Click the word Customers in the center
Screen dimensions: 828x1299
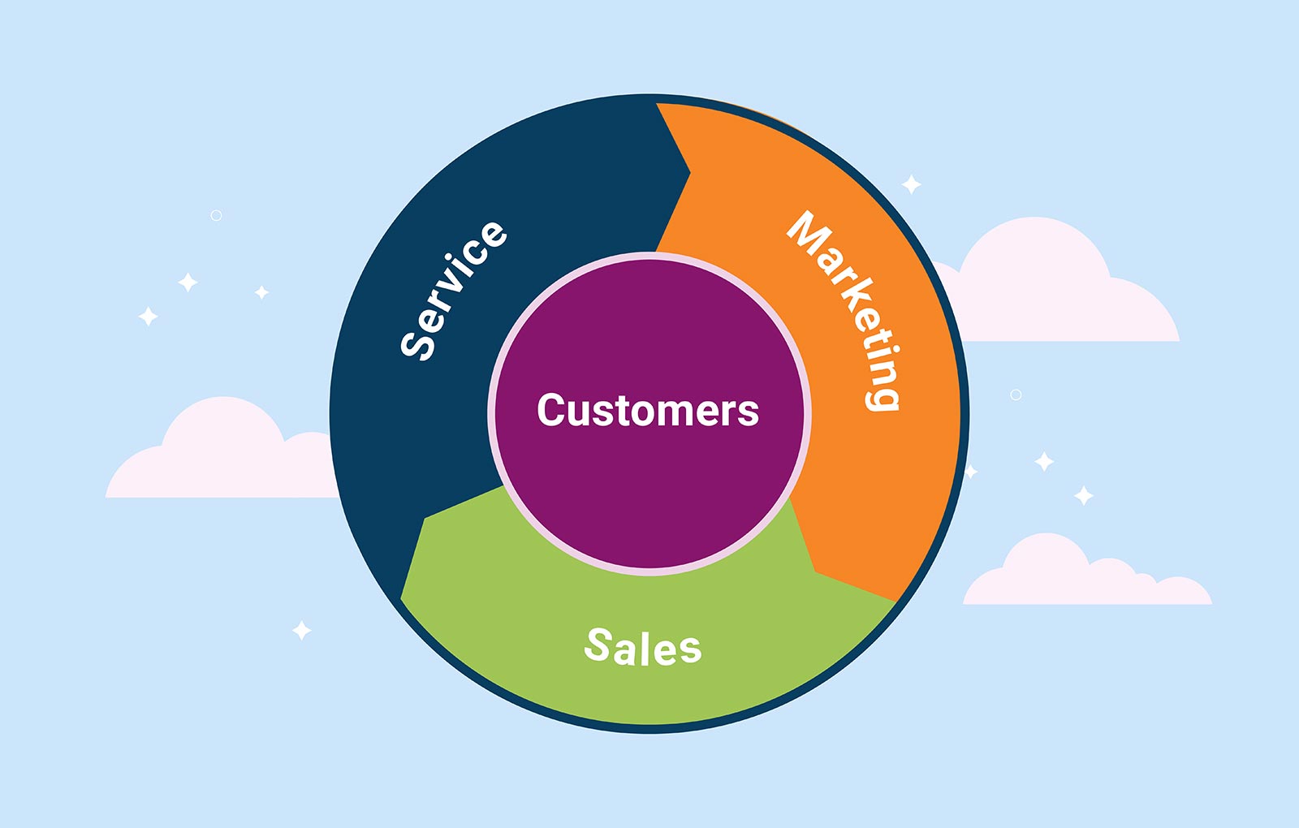(x=648, y=411)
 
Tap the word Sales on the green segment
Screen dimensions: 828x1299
(x=643, y=647)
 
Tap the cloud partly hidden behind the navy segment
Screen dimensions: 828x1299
(x=219, y=455)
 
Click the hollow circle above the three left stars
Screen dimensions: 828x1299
(x=216, y=215)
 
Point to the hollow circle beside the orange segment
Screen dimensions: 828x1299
(x=1016, y=395)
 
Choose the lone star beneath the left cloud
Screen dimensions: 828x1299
(x=302, y=630)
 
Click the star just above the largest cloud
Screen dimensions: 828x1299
(x=912, y=184)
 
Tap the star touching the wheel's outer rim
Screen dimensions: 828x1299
(x=970, y=472)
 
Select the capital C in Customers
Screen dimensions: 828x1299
(x=551, y=411)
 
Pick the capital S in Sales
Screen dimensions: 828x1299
(x=599, y=645)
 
